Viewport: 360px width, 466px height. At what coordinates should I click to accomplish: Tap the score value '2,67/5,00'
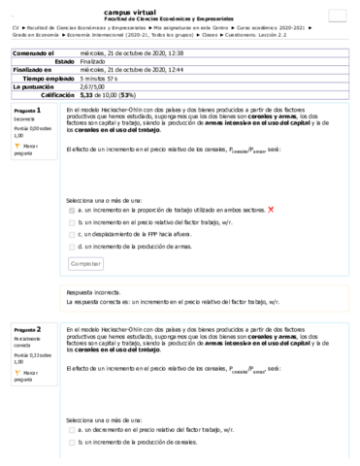pyautogui.click(x=95, y=87)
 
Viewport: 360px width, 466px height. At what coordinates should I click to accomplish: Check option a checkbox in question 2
pyautogui.click(x=72, y=427)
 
